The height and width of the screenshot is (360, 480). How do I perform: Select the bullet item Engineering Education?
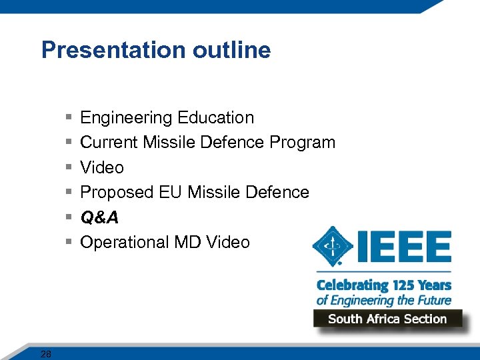(167, 118)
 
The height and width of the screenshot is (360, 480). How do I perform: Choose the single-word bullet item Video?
(102, 167)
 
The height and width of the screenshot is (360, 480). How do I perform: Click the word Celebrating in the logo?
(353, 285)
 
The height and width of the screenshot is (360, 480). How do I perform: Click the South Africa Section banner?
(387, 319)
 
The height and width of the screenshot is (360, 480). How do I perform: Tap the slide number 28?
(45, 354)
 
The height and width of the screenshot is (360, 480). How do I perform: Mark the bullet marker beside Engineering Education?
(69, 118)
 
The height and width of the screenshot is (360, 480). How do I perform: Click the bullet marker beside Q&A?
(69, 217)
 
